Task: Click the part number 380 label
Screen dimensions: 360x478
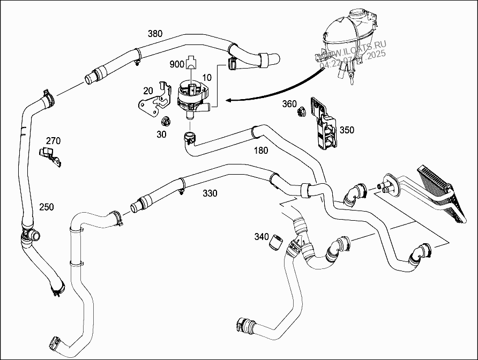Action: pos(155,34)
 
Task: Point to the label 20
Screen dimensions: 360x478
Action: pos(148,91)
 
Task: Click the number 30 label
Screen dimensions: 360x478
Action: pos(161,134)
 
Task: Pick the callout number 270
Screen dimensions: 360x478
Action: pos(53,141)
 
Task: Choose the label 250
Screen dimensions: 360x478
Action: pos(47,206)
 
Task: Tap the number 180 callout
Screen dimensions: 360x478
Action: pos(260,151)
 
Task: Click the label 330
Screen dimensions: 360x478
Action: pos(210,193)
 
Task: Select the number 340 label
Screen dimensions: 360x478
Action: pos(262,236)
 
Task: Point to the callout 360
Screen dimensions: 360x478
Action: pos(290,103)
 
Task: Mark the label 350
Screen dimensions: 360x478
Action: pos(347,130)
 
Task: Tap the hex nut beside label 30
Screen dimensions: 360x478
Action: pos(166,121)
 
